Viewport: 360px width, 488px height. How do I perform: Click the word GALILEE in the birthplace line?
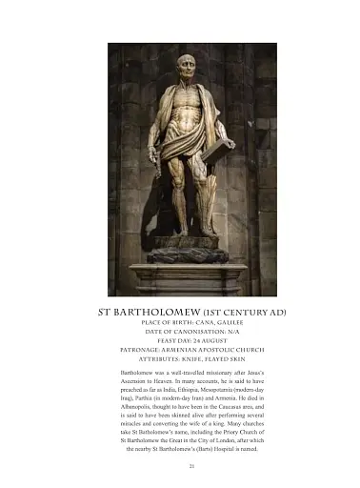(x=218, y=325)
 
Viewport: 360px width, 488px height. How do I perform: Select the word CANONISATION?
(x=180, y=335)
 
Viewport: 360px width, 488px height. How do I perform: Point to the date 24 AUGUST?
(x=204, y=344)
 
